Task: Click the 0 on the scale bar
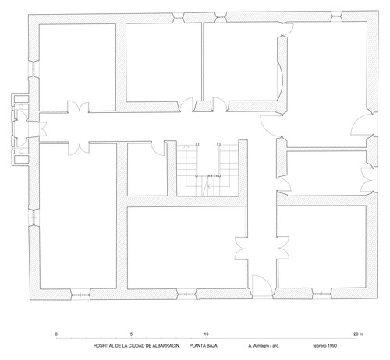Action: coord(56,334)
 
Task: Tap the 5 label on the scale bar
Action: coord(131,334)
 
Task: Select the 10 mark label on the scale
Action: coord(206,334)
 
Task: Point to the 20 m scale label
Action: coord(358,334)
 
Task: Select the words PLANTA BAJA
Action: coord(204,346)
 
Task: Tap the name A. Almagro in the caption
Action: coord(259,346)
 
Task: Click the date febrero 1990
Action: coord(325,346)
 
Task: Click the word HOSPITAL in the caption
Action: coord(102,346)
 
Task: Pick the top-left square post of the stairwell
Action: coord(197,144)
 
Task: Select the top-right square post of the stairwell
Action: coord(219,144)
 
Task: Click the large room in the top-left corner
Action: coord(77,68)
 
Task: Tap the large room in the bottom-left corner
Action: coord(78,216)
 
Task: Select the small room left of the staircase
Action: coord(147,169)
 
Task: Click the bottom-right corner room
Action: coord(322,247)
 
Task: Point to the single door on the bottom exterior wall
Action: coord(263,285)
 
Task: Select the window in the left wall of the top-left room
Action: coord(34,69)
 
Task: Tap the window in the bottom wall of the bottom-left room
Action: coord(80,295)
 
